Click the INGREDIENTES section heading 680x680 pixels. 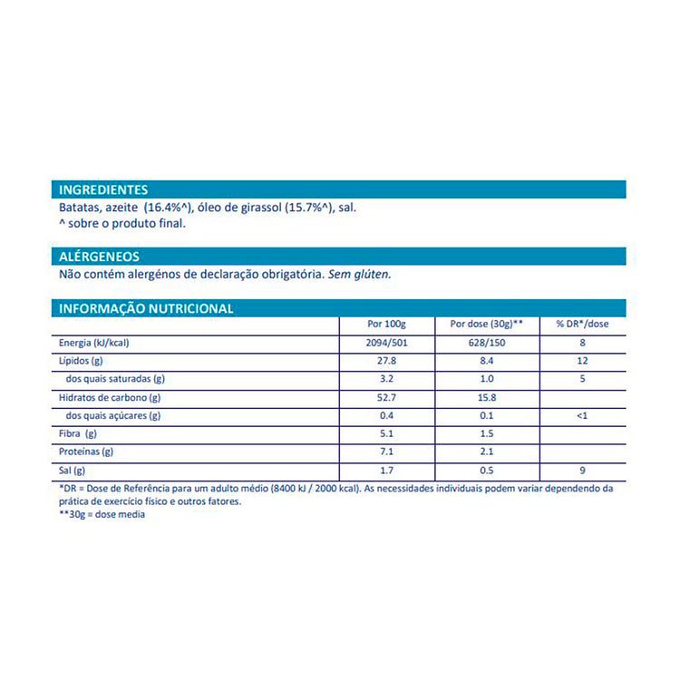click(x=103, y=189)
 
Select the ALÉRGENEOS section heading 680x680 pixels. click(x=99, y=257)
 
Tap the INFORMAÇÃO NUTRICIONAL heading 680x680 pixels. click(x=146, y=308)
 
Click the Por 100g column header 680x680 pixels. click(x=387, y=325)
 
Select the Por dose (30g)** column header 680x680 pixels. click(x=487, y=325)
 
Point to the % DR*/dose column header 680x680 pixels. click(x=582, y=325)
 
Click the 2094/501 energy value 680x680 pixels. click(x=387, y=343)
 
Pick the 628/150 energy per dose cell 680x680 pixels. click(x=487, y=343)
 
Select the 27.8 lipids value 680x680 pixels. click(x=387, y=361)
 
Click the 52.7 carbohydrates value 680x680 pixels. click(x=387, y=397)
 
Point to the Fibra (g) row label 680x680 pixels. click(x=79, y=434)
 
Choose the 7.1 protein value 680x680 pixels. click(x=387, y=452)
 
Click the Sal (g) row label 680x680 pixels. click(x=73, y=471)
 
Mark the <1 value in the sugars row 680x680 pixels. click(x=582, y=416)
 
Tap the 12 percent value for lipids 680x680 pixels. click(x=582, y=361)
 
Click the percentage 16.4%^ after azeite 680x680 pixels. click(x=170, y=208)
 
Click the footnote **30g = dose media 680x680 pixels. click(x=102, y=514)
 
